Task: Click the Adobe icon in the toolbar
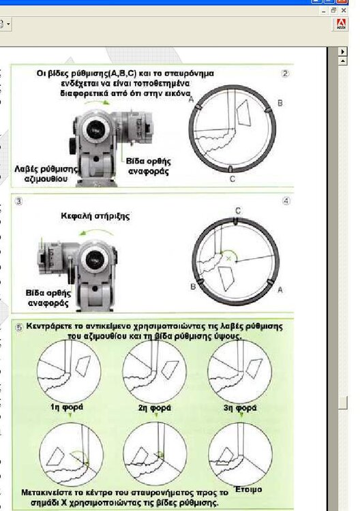tap(341, 24)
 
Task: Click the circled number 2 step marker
tap(285, 74)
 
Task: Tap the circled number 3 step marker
tap(19, 201)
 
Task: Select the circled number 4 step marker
tap(286, 201)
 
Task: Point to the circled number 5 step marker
tap(19, 328)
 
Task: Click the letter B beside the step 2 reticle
tap(280, 103)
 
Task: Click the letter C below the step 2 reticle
tap(232, 179)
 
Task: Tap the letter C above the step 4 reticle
tap(238, 211)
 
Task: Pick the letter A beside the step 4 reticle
tap(280, 290)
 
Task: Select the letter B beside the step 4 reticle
tap(193, 286)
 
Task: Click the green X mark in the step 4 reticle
tap(228, 258)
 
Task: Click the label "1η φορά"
tap(67, 407)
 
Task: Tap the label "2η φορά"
tap(155, 407)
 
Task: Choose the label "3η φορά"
tap(240, 407)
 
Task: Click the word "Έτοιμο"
tap(248, 489)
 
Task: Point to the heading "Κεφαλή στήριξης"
tap(95, 216)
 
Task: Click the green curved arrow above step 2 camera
tap(97, 102)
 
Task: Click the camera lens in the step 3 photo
tap(95, 258)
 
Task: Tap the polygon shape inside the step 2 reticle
tap(244, 112)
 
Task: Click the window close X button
tap(344, 11)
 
